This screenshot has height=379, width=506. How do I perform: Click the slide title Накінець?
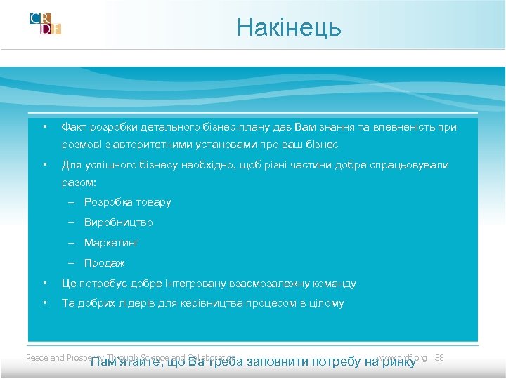coord(289,27)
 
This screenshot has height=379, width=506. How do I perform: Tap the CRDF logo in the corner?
coord(46,24)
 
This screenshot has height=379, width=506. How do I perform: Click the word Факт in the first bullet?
coord(74,127)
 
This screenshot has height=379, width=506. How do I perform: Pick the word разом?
coord(79,182)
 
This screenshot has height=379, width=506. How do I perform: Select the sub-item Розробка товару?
coord(127,202)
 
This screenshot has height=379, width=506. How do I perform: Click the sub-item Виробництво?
coord(118,222)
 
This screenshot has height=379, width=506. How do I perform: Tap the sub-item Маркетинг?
coord(112,243)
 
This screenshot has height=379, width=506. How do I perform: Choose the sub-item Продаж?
coord(104,263)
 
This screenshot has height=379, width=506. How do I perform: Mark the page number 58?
coord(439,358)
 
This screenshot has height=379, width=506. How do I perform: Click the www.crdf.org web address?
coord(402,358)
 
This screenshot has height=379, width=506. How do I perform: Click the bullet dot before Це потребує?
coord(44,284)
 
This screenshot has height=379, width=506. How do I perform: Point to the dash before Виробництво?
coord(72,222)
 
